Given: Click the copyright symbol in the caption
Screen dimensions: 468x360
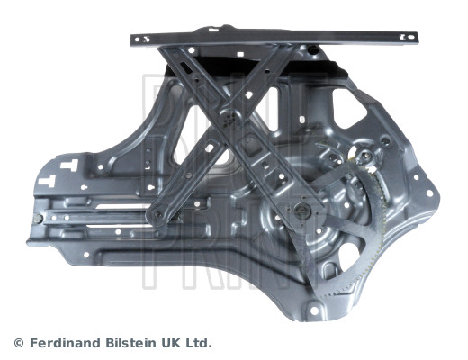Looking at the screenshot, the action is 19,343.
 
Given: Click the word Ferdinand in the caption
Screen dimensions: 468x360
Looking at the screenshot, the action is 66,343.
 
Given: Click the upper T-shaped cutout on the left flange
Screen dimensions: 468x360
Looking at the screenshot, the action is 69,165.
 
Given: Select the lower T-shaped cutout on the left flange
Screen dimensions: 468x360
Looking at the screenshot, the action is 48,181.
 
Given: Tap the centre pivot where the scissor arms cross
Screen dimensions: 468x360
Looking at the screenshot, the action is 229,119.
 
